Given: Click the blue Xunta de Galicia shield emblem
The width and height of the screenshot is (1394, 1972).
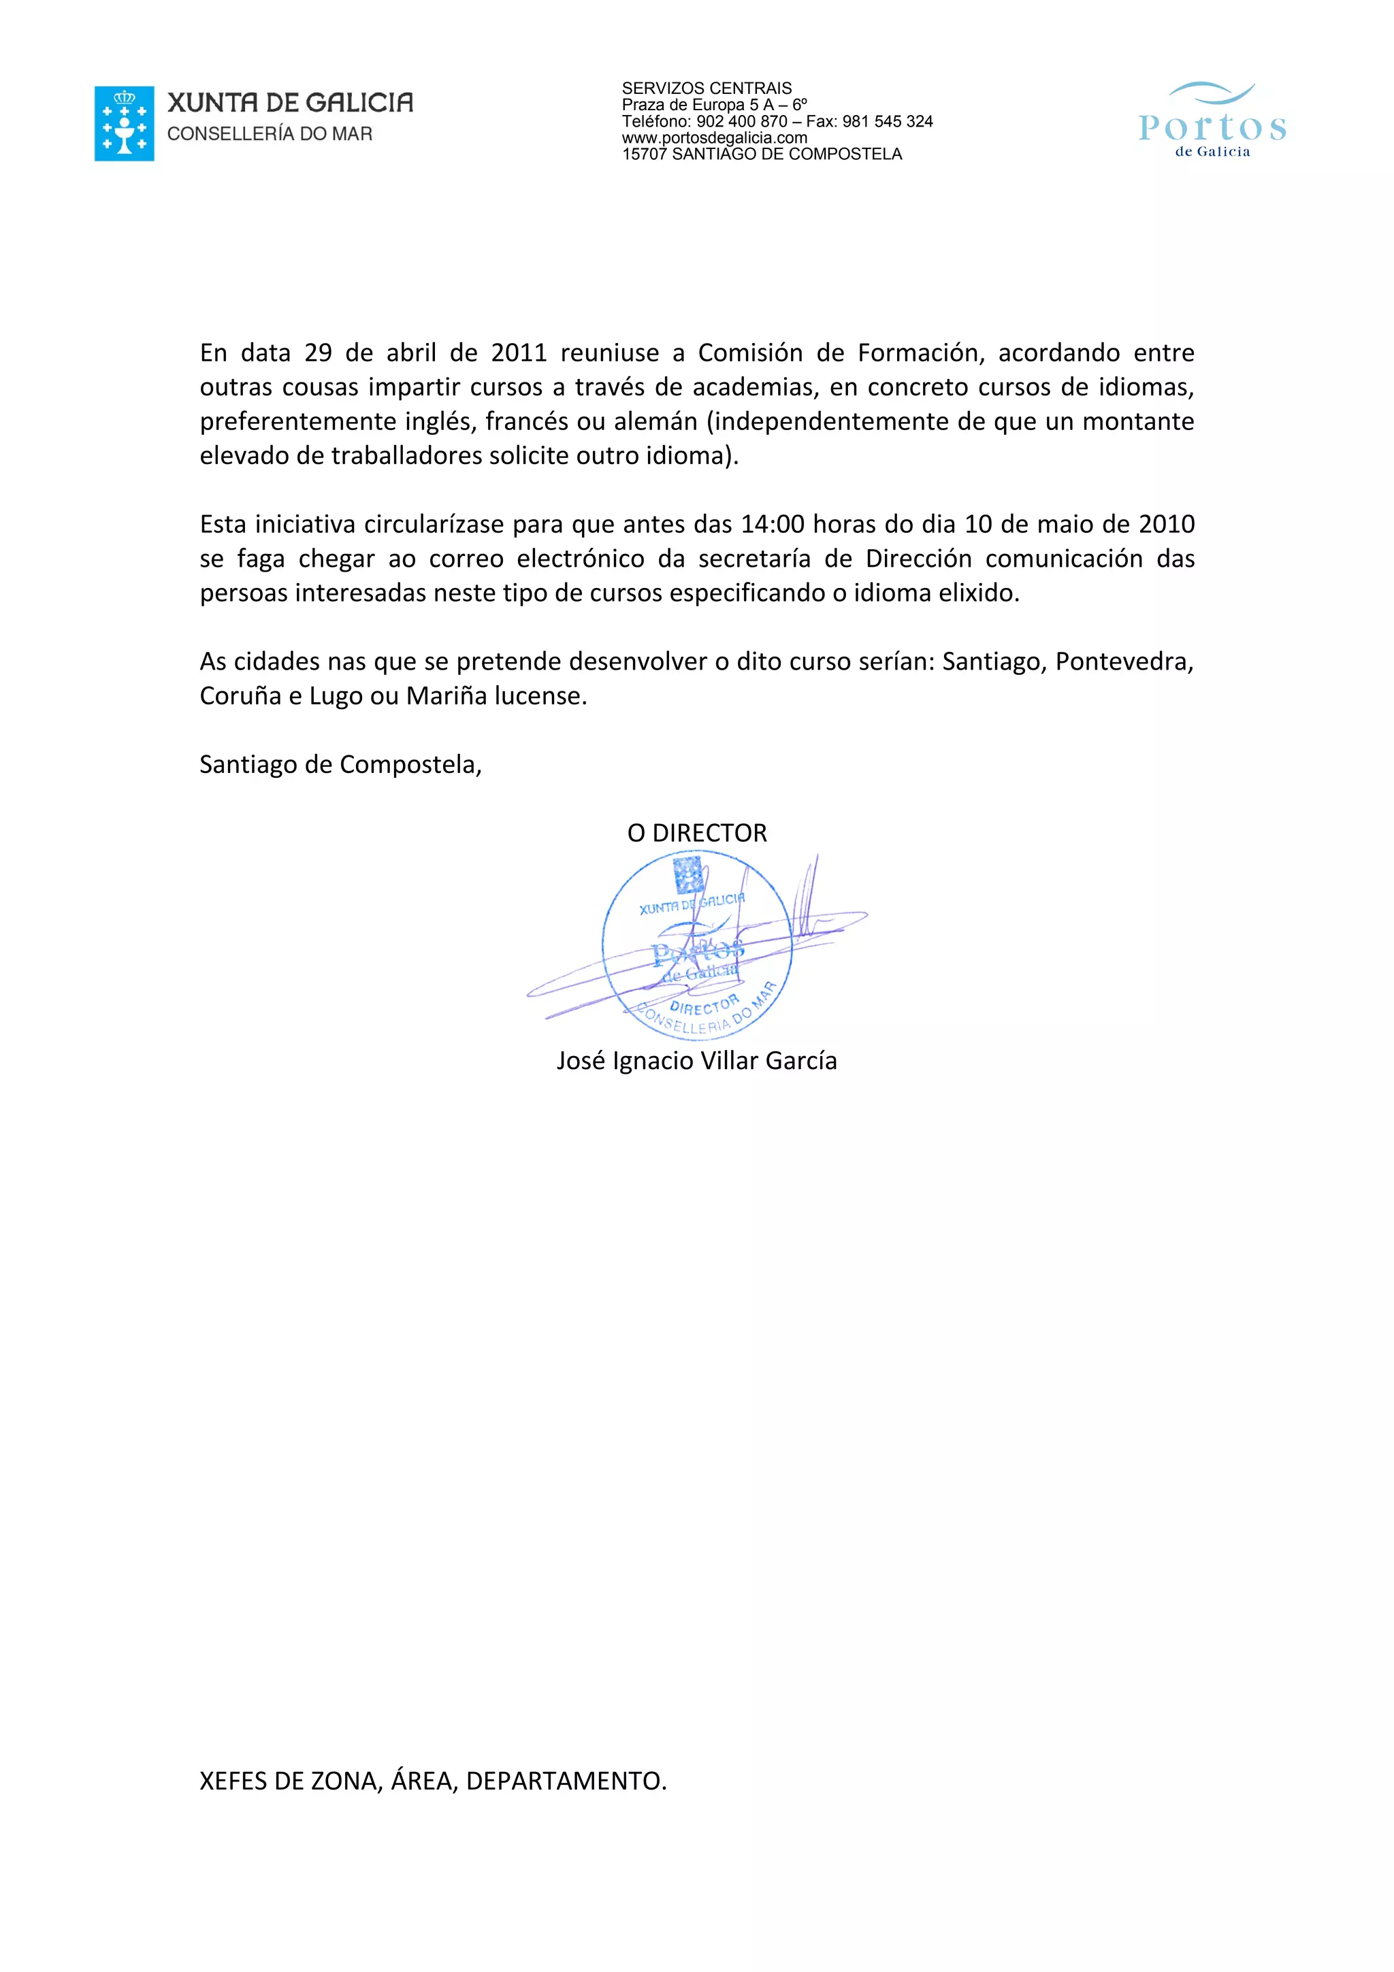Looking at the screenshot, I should coord(124,124).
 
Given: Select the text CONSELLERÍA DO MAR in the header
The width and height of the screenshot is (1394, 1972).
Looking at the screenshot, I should coord(270,134).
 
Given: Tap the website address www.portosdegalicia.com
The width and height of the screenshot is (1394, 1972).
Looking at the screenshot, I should coord(714,138).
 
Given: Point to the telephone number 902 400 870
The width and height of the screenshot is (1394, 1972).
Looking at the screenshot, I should coord(741,122).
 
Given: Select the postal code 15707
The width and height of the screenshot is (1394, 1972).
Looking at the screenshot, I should coord(644,154).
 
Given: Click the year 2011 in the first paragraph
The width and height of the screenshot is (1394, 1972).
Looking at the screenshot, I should coord(518,353).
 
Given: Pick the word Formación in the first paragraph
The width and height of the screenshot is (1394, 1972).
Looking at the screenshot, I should coord(920,353).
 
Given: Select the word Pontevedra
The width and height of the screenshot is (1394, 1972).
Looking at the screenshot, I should coord(1124,662).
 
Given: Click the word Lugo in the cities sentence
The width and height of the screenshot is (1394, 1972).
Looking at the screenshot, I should coord(336,697).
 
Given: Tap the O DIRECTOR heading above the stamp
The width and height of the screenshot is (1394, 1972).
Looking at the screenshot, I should coord(696,833).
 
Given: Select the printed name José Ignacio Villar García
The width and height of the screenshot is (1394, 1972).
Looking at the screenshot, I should coord(696,1062).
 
